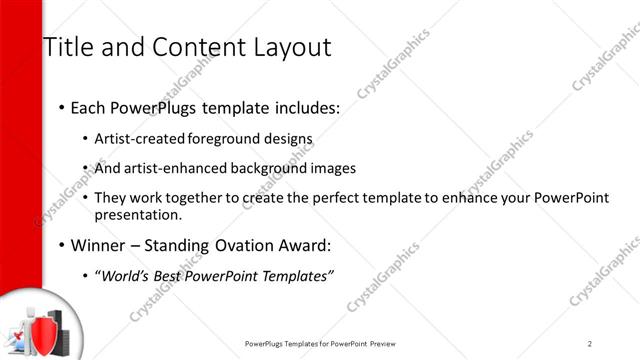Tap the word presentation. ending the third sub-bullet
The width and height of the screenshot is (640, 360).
pos(138,214)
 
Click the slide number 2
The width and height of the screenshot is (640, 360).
pos(590,343)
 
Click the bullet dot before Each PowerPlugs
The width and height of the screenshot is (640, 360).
pos(61,107)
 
